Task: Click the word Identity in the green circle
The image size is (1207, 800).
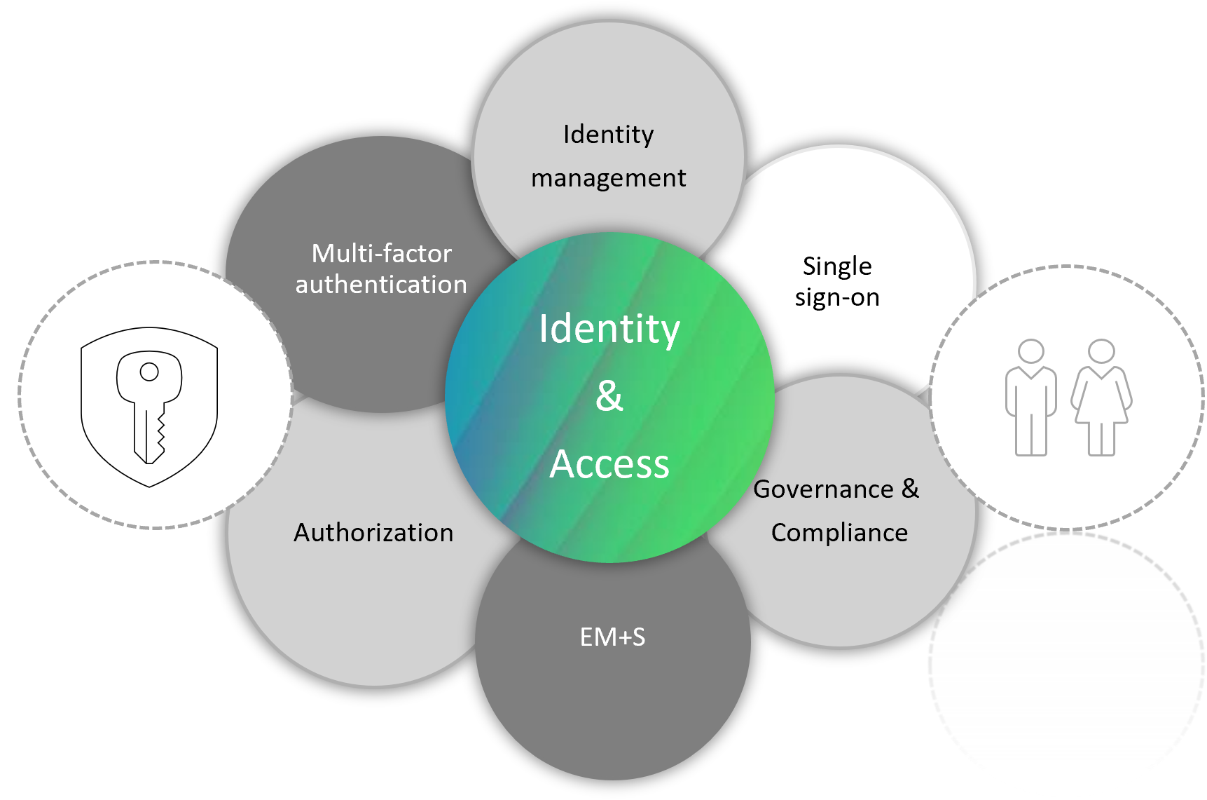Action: tap(609, 330)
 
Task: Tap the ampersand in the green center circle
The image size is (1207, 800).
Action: tap(609, 395)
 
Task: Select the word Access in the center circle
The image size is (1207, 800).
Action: tap(609, 464)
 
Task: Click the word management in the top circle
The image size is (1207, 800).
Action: tap(608, 178)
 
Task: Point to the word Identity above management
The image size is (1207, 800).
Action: tap(608, 134)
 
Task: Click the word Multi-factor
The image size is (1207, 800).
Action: tap(382, 253)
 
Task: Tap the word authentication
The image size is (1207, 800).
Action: tap(381, 284)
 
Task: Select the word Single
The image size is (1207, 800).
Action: tap(837, 266)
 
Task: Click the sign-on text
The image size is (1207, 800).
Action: tap(837, 298)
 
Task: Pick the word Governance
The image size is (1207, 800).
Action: tap(823, 489)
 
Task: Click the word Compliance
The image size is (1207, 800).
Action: tap(839, 533)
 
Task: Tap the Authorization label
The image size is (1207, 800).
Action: tap(373, 533)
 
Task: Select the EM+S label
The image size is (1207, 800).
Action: tap(613, 637)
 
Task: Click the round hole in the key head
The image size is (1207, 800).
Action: tap(149, 372)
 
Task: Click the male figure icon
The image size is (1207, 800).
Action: tap(1030, 398)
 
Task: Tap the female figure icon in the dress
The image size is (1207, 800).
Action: tap(1101, 398)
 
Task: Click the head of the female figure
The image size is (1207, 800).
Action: tap(1101, 351)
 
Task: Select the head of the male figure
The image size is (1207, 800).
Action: tap(1031, 351)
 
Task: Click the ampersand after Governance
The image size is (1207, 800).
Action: tap(910, 488)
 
